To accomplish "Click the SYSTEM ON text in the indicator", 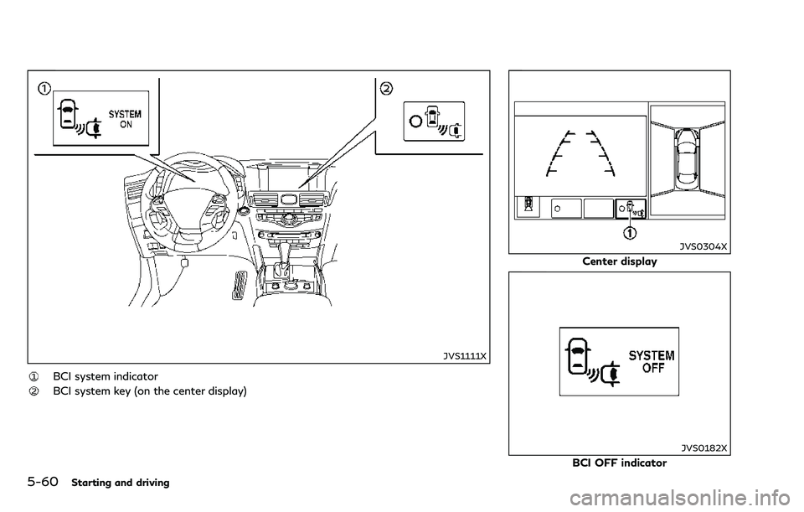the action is (x=125, y=119).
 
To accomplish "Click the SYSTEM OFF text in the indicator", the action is (x=652, y=362).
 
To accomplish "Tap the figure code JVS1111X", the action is (x=465, y=356).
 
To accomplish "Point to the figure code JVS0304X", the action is (x=703, y=246).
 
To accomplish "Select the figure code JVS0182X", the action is (x=704, y=448).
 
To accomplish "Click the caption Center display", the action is (x=620, y=261).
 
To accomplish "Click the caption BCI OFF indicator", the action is (x=620, y=463).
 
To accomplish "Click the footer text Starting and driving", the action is (x=121, y=483).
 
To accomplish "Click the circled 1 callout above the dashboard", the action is (x=44, y=89).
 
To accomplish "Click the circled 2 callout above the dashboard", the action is (x=385, y=89).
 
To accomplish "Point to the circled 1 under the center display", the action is (x=630, y=234).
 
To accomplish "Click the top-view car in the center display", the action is (x=687, y=156).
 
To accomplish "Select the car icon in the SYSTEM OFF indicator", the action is (x=578, y=356).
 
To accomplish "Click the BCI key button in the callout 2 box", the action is (x=434, y=121).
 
